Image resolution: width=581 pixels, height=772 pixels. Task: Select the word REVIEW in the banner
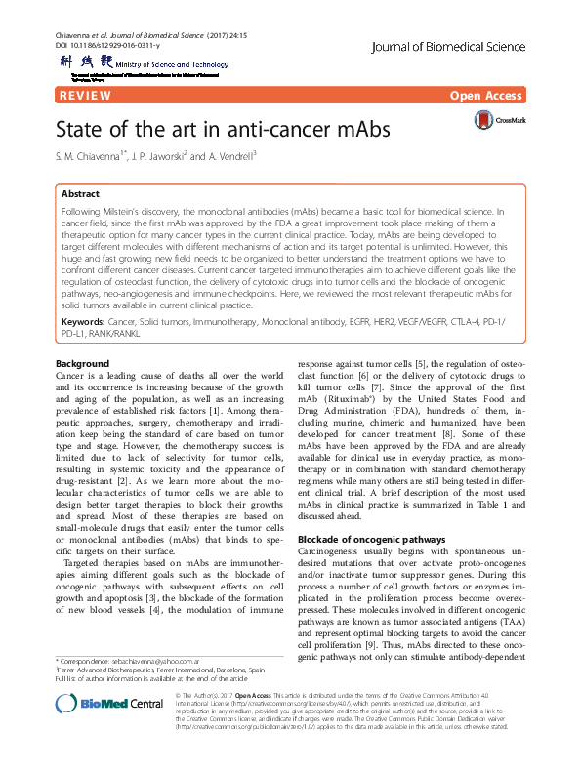85,95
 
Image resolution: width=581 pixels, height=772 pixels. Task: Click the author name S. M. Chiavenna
97,155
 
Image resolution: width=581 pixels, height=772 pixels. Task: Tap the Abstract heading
80,194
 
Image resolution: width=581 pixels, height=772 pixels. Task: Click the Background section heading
82,336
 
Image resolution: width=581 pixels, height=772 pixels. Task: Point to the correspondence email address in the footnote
151,661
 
